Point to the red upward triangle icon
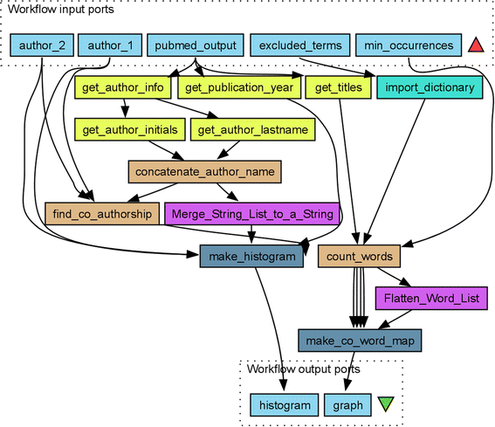[x=475, y=45]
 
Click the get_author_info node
[x=124, y=87]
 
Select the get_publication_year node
[x=239, y=87]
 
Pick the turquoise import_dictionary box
[x=429, y=87]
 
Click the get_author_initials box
[x=129, y=129]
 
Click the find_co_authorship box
[x=100, y=213]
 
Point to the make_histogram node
[x=251, y=256]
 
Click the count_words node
[x=359, y=256]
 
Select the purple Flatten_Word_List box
[x=431, y=298]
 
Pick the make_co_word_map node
[x=361, y=340]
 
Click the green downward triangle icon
[x=385, y=404]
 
